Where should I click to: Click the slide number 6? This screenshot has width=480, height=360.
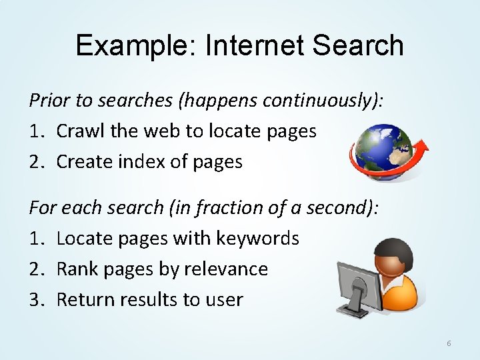pos(449,343)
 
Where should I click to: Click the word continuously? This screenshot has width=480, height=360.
pos(320,100)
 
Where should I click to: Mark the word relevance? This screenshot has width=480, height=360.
pos(227,269)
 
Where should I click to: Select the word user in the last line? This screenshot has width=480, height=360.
pos(225,299)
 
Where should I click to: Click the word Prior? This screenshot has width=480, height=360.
pos(49,100)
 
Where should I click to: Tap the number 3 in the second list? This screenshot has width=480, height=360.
pos(35,299)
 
